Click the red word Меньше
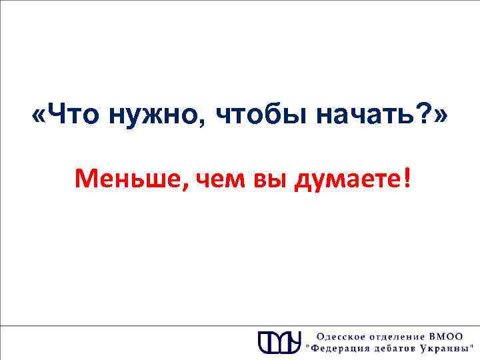[131, 178]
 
